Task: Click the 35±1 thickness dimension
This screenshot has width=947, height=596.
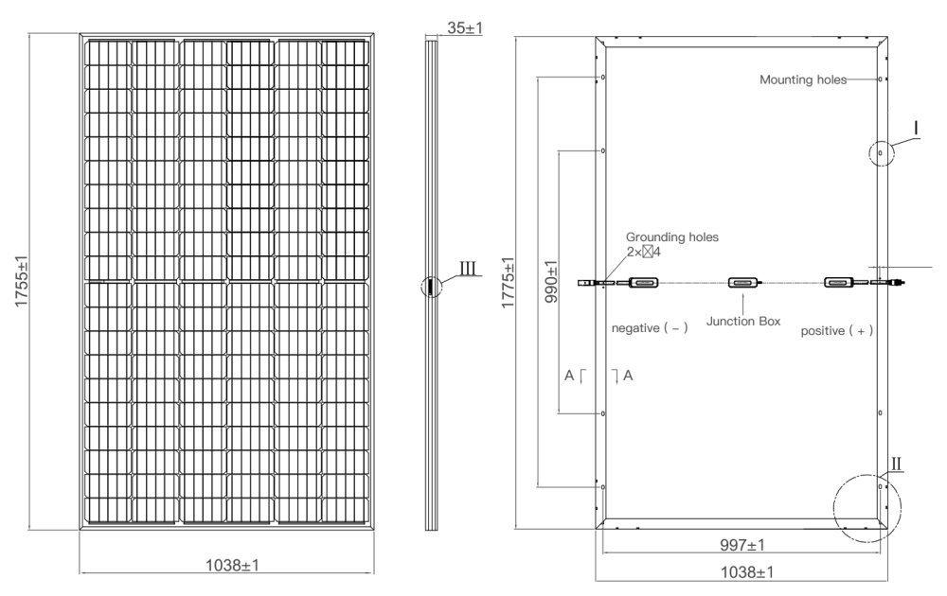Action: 464,28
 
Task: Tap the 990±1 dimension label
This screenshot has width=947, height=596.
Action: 552,281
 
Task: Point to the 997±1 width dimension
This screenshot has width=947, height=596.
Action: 743,545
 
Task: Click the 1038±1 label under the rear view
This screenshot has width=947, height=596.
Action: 743,572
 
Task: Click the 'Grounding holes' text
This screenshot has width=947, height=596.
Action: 671,237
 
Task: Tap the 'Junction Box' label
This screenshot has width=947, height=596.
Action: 743,322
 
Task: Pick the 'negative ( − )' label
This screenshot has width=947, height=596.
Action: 650,328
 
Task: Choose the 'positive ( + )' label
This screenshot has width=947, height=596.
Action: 836,331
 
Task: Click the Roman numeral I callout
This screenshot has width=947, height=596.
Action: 916,126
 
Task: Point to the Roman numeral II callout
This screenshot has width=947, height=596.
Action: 897,464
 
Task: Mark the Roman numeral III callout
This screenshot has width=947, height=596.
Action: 470,269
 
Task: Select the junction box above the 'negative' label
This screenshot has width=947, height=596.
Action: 643,282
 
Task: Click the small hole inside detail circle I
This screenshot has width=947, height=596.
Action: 880,151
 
